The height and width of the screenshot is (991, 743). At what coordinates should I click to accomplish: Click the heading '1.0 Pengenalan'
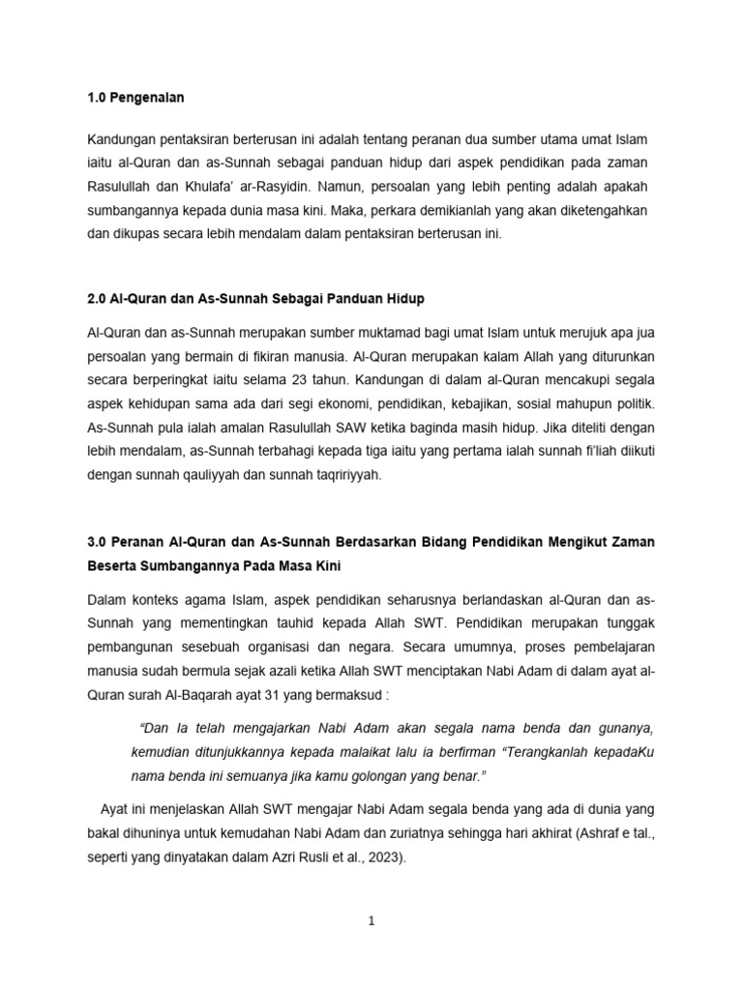point(135,98)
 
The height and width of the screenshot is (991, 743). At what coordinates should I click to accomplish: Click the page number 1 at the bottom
point(371,921)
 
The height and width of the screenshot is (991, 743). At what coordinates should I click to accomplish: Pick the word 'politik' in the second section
point(634,401)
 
